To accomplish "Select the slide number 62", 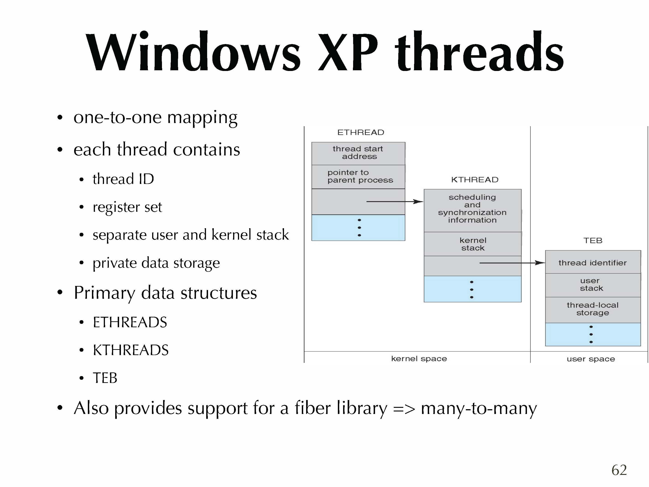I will point(619,470).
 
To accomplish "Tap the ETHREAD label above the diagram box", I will point(361,132).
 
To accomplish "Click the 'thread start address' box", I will point(358,153).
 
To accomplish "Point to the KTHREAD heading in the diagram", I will point(474,180).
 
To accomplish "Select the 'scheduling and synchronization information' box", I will point(472,209).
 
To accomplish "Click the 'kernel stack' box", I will point(473,244).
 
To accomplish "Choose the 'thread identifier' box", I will point(592,263).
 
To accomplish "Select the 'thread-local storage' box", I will point(592,309).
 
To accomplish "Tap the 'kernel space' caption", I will point(419,359).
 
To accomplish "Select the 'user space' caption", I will point(591,359).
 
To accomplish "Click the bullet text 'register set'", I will point(127,207).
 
